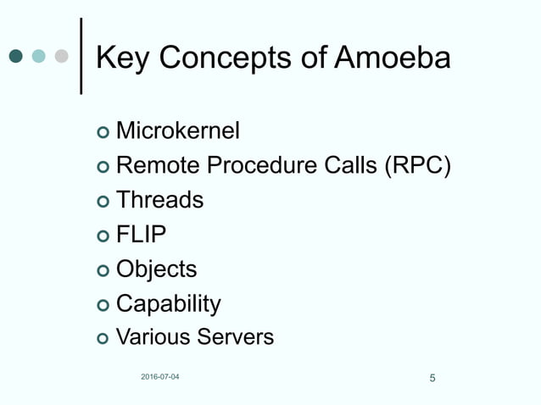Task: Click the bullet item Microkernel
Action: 177,131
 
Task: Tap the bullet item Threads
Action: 159,200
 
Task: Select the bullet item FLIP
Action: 141,235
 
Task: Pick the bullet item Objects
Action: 156,269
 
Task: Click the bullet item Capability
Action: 168,303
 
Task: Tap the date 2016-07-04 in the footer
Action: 160,376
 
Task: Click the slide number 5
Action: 432,378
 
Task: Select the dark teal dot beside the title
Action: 15,57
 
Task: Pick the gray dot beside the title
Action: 61,57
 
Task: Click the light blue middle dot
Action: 38,57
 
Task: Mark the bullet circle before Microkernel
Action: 103,133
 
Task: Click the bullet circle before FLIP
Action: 103,236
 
